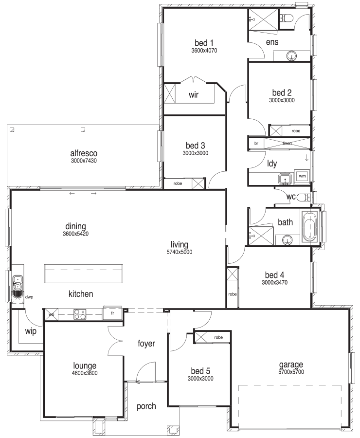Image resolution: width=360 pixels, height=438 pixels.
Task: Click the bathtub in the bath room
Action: click(310, 226)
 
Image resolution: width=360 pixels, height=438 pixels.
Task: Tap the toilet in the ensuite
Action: click(287, 18)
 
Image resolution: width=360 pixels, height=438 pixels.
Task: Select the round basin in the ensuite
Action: click(291, 56)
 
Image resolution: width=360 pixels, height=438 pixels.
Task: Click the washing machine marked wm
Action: click(302, 176)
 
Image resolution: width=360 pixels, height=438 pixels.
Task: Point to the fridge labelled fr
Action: click(112, 313)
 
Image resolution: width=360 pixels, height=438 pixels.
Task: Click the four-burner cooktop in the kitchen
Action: click(80, 314)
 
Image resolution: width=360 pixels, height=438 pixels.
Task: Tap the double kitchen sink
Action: click(18, 282)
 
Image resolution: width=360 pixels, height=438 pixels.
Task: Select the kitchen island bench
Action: click(83, 274)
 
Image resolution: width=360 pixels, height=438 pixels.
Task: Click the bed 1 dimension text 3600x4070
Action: click(204, 51)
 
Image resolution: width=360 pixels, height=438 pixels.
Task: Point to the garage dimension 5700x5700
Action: click(291, 372)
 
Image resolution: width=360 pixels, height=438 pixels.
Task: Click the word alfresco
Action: click(84, 153)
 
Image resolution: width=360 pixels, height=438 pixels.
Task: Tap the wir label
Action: click(194, 95)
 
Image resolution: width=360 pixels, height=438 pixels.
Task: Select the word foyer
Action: click(146, 343)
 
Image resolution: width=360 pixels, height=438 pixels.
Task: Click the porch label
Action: click(146, 406)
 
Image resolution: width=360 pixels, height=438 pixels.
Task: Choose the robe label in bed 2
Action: click(296, 131)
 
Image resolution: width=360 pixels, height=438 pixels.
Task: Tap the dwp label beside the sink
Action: click(29, 297)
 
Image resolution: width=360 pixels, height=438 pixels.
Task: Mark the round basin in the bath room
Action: click(287, 240)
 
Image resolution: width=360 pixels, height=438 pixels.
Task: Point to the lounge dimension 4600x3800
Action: click(85, 373)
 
